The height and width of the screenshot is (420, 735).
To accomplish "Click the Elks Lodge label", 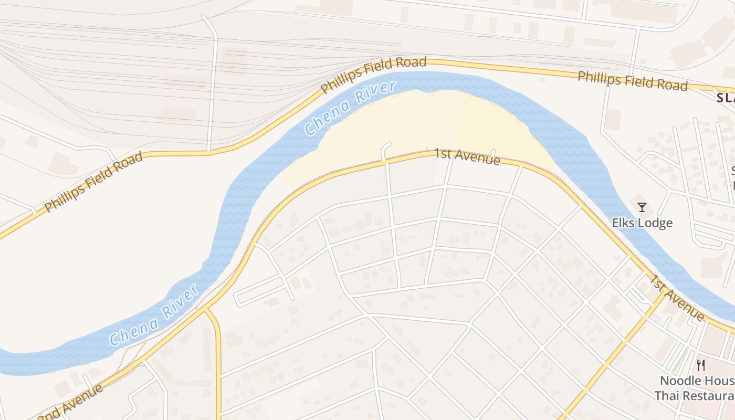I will [642, 223].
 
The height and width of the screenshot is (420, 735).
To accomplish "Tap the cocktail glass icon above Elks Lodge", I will [642, 207].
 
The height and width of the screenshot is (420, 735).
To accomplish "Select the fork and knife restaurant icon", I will [700, 365].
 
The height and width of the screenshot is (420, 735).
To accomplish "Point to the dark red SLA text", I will [726, 98].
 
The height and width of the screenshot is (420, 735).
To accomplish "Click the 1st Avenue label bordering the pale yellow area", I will [467, 156].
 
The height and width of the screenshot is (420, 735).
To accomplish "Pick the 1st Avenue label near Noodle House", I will [678, 297].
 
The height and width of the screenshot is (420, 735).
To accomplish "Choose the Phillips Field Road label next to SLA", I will [633, 81].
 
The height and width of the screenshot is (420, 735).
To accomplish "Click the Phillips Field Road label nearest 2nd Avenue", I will [93, 182].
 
